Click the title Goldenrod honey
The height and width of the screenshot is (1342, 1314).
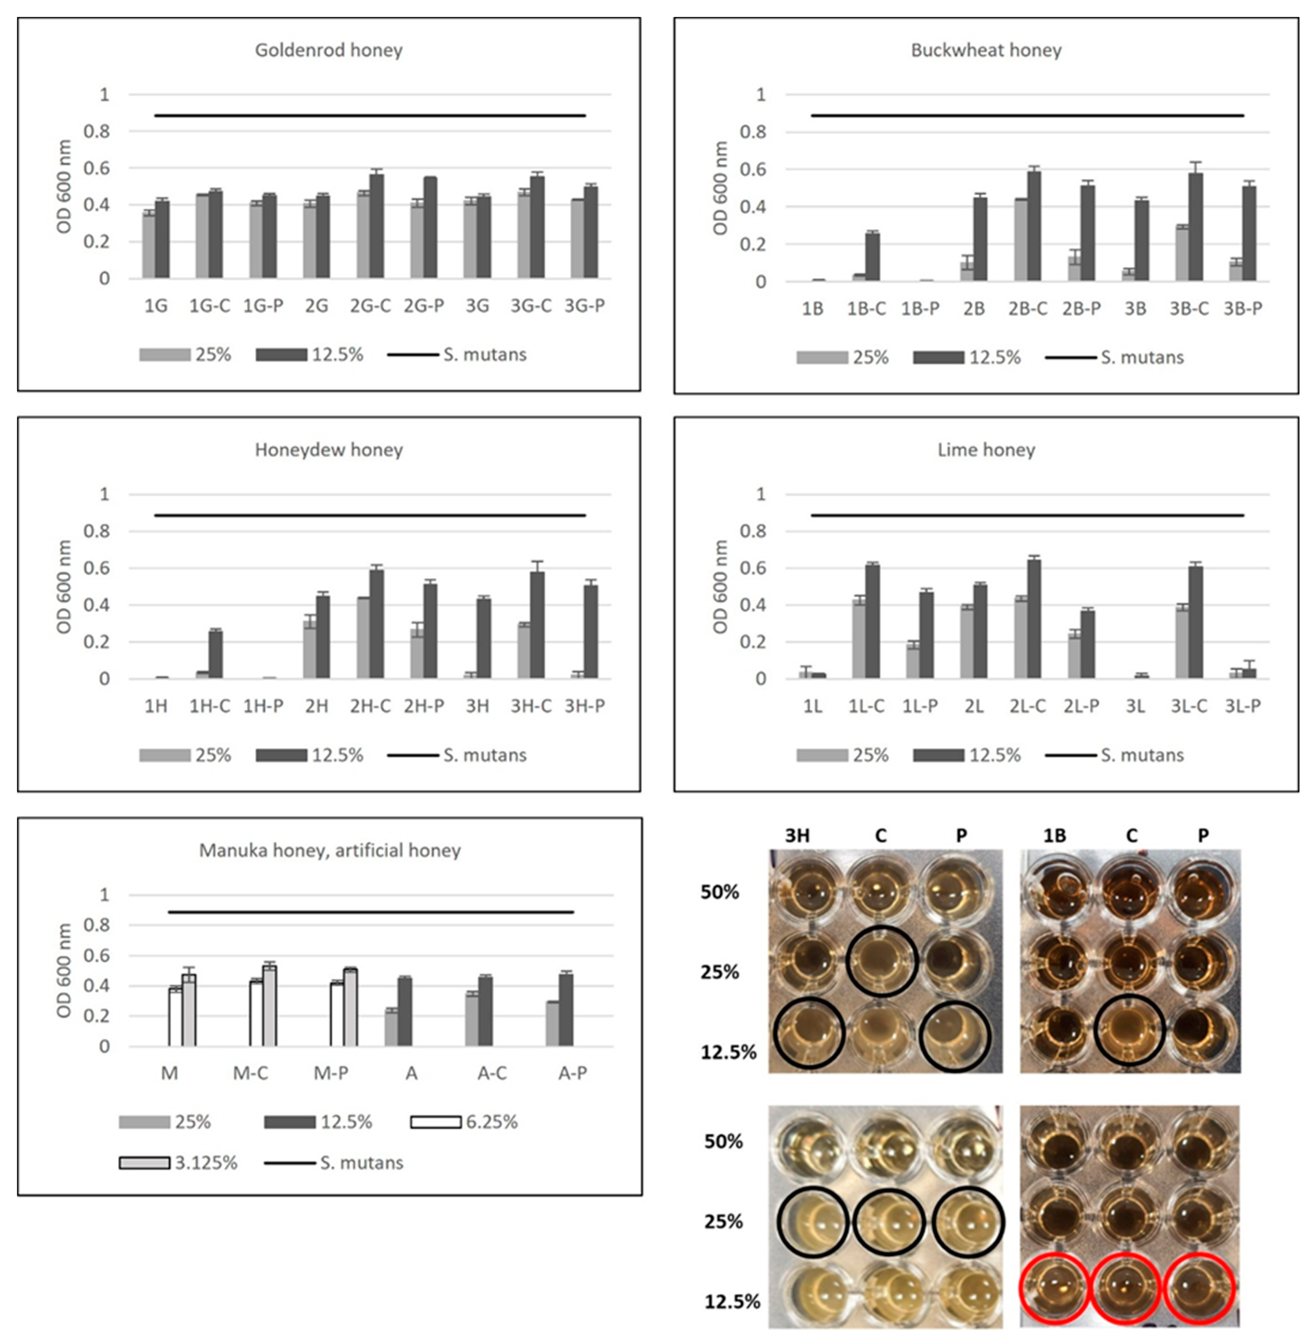point(328,51)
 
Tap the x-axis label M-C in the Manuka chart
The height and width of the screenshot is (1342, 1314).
point(250,1074)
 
